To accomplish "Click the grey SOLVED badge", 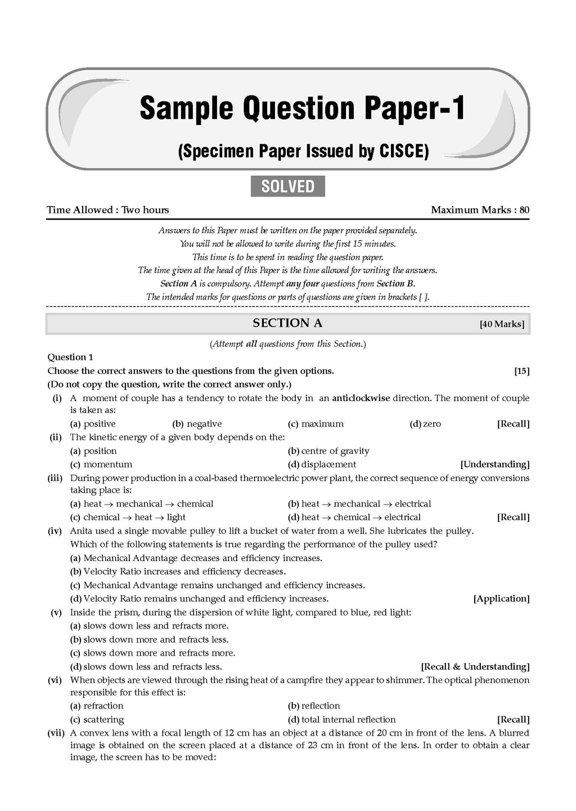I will (x=287, y=186).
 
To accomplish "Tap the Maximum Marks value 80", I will (x=524, y=210).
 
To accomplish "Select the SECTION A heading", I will (x=287, y=323).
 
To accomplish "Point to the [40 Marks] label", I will (x=502, y=324).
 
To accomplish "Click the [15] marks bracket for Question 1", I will (x=521, y=371).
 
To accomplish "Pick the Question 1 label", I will (x=70, y=357).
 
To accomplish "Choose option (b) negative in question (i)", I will (x=197, y=424).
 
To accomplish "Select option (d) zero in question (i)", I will (x=425, y=424).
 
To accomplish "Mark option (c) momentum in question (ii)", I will (x=101, y=465).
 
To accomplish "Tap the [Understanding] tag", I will (x=494, y=465).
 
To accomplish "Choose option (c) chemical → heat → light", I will (x=128, y=518).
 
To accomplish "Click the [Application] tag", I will (x=501, y=599).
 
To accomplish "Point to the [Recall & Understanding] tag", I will (x=475, y=667).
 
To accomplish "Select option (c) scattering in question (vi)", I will (x=97, y=720).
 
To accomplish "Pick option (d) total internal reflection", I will (x=341, y=720).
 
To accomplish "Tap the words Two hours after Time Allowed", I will (x=145, y=210).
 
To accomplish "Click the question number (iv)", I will (x=55, y=531).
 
